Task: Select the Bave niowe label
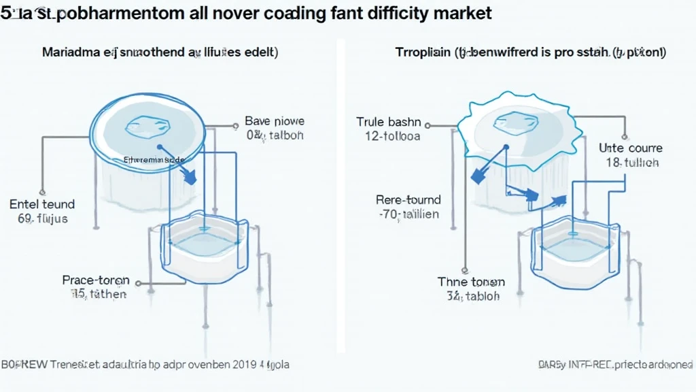(x=275, y=121)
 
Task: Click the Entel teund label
(x=42, y=204)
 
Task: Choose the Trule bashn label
(x=389, y=122)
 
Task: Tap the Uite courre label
(x=630, y=148)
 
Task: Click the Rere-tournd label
(x=408, y=199)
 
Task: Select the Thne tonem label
(x=471, y=282)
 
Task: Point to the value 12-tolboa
(x=393, y=136)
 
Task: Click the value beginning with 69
(x=42, y=219)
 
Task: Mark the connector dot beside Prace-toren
(x=139, y=281)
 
